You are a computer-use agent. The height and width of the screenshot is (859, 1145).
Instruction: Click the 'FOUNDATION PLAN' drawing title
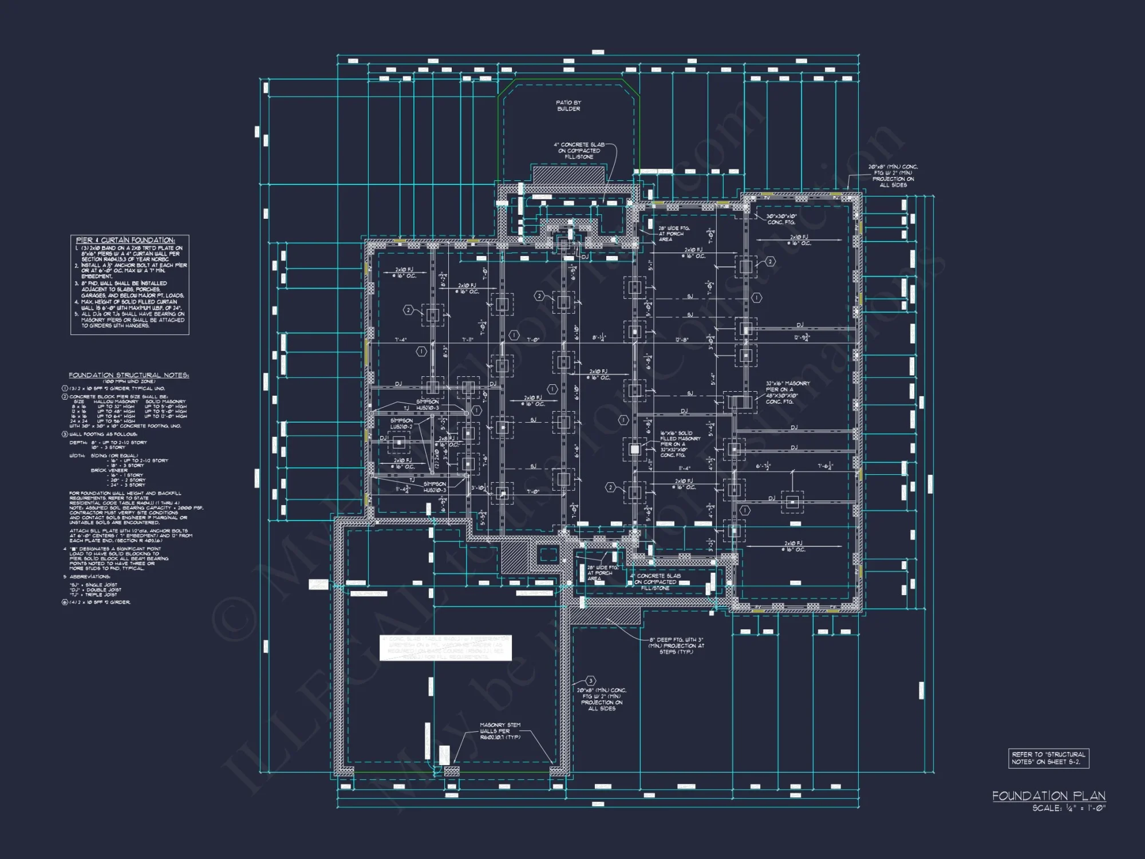(1048, 795)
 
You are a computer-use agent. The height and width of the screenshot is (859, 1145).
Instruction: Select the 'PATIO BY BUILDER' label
(568, 105)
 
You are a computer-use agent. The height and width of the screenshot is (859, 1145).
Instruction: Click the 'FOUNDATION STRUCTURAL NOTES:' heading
(129, 375)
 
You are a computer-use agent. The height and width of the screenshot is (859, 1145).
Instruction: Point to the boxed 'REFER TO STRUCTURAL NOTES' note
(1048, 758)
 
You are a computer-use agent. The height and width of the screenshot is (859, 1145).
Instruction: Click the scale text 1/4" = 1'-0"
(1069, 808)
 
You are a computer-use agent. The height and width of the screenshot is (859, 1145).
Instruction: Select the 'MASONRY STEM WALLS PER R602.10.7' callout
(500, 731)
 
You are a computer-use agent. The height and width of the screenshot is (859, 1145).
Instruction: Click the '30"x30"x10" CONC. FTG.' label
(781, 219)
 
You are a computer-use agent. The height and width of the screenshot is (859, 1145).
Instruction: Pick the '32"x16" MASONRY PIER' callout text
(787, 392)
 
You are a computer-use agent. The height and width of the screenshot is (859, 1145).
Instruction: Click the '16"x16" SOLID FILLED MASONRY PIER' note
(680, 444)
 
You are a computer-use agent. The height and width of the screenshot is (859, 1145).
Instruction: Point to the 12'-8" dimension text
(681, 340)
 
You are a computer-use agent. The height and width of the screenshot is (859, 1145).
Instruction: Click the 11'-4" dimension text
(684, 468)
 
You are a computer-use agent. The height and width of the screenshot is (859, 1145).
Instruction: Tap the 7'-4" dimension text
(400, 340)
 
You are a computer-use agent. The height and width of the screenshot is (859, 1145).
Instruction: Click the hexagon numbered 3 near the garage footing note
(591, 680)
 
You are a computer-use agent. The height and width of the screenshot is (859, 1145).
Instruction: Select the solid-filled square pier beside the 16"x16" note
(634, 450)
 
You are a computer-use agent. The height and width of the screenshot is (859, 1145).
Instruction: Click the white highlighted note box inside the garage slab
(446, 648)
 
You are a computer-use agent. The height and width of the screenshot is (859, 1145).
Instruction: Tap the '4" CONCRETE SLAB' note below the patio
(579, 151)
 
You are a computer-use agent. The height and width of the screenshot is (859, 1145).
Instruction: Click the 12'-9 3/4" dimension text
(801, 337)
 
